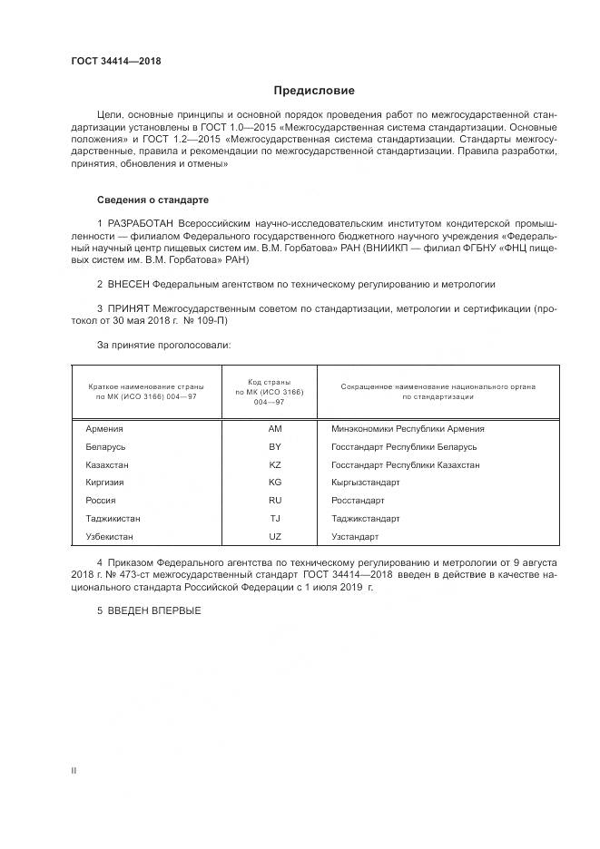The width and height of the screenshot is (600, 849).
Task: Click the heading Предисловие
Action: (x=314, y=91)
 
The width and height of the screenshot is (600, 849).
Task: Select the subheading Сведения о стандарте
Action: (x=152, y=199)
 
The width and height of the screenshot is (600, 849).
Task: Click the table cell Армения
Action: (x=103, y=429)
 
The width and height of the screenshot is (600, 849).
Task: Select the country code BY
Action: (x=275, y=447)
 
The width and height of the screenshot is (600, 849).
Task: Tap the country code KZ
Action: (x=275, y=464)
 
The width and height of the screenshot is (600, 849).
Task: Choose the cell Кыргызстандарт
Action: (x=366, y=483)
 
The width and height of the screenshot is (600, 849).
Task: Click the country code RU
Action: (x=275, y=501)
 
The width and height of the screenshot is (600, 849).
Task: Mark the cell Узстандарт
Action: (x=356, y=537)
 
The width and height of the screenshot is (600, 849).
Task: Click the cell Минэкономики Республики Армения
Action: (x=408, y=429)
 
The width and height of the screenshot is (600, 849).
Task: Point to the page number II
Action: (x=74, y=770)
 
